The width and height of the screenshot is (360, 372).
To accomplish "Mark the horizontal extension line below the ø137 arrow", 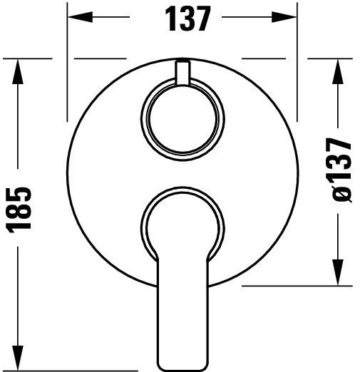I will click(x=299, y=286).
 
